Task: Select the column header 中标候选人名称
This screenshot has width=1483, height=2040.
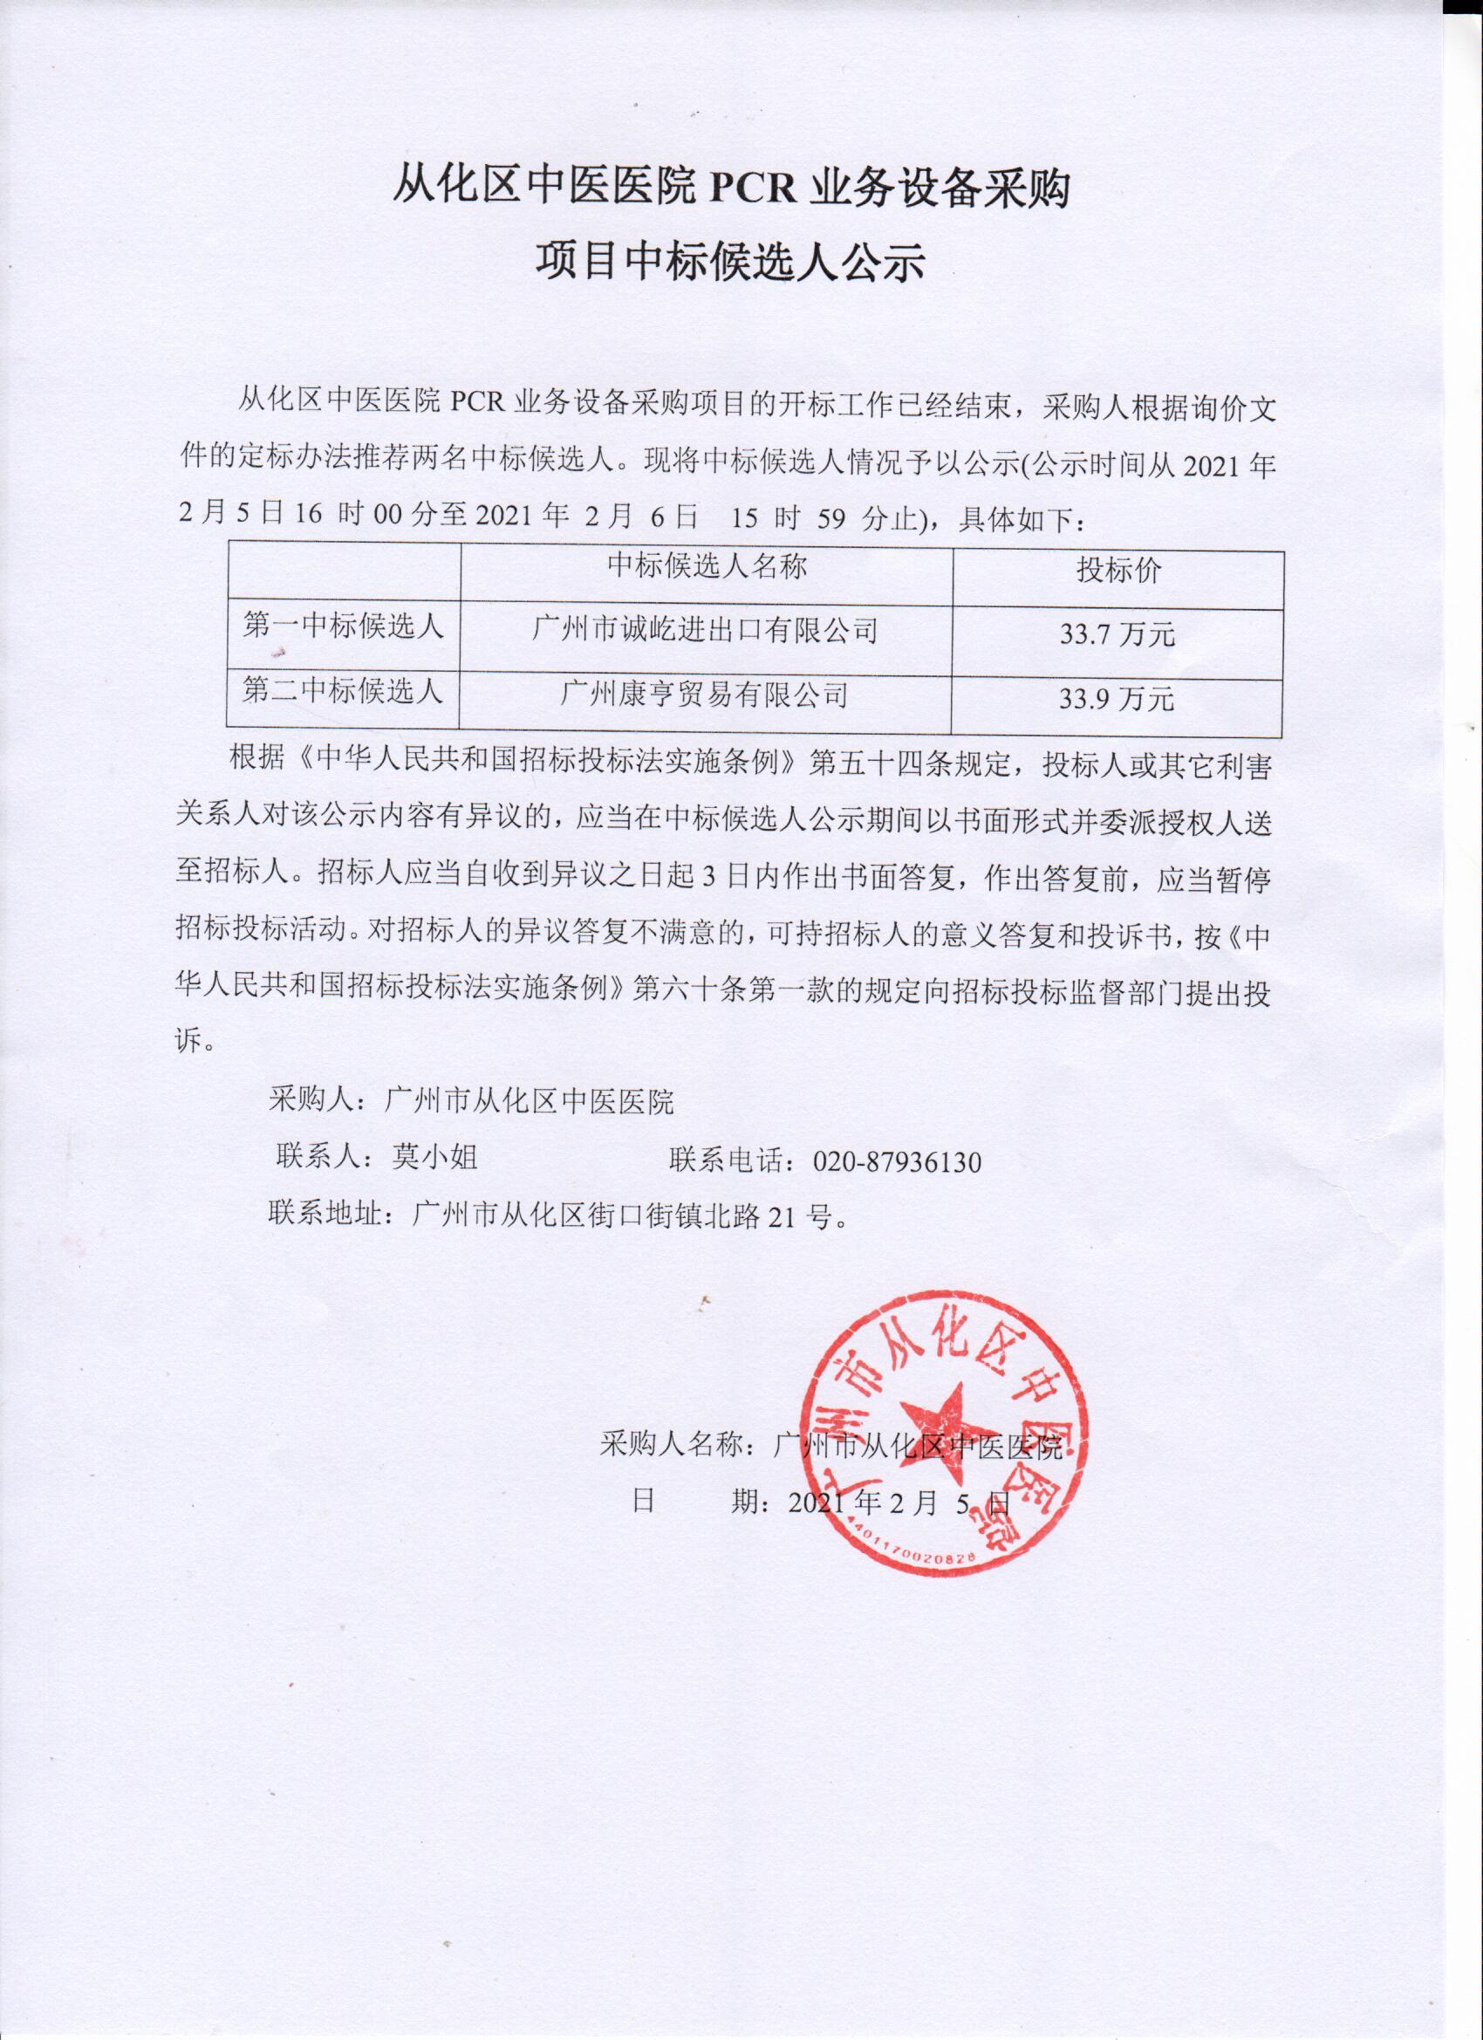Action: click(706, 566)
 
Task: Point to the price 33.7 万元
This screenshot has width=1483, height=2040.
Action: click(1117, 635)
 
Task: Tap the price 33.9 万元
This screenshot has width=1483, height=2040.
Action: click(1117, 699)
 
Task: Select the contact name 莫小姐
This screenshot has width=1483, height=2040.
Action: click(434, 1159)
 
